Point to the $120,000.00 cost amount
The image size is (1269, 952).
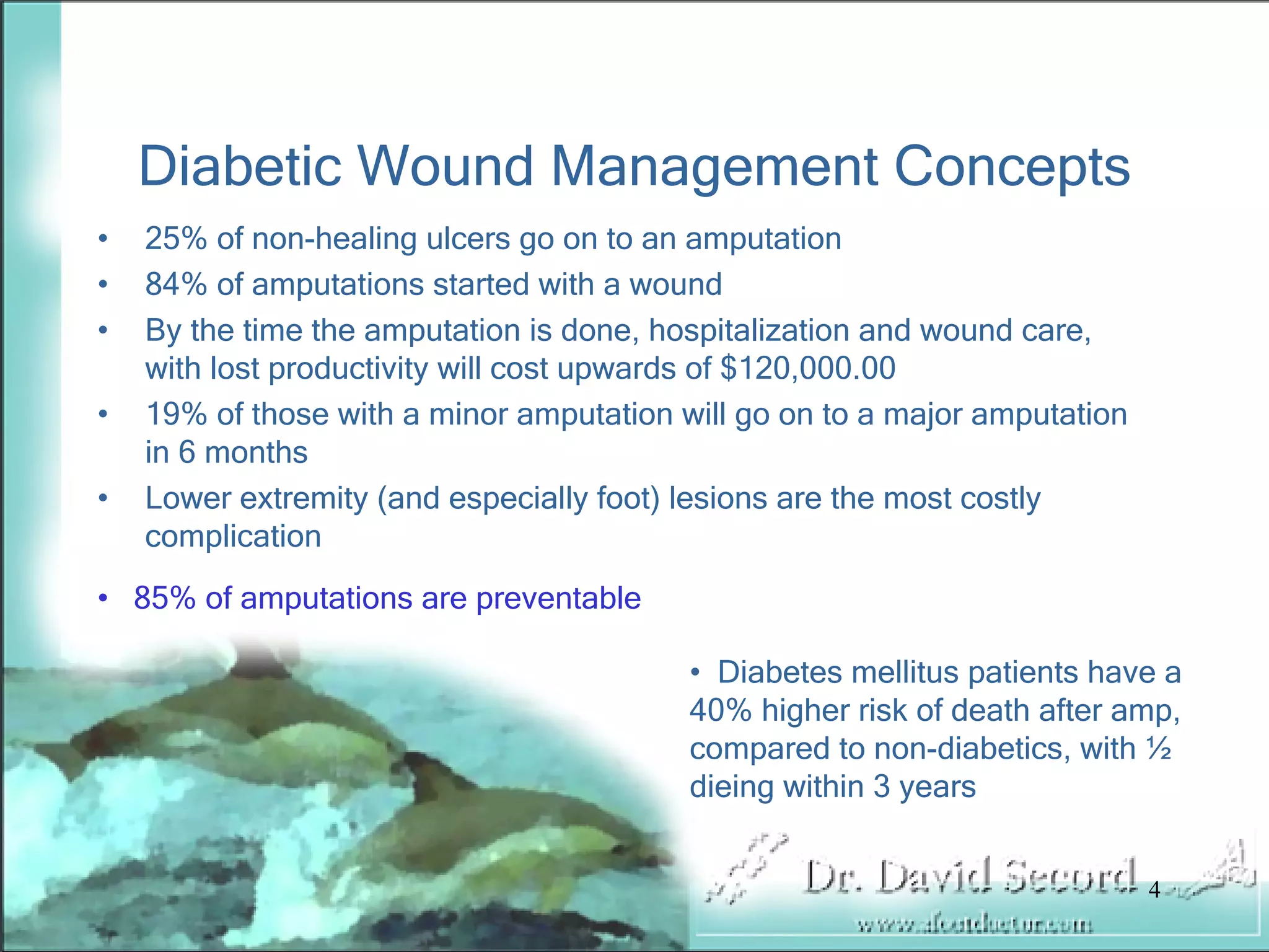(808, 368)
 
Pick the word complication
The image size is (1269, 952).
(233, 536)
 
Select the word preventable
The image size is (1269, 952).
(558, 598)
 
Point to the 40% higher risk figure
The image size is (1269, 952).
(721, 710)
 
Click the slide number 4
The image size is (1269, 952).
(1154, 891)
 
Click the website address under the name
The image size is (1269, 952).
(974, 926)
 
